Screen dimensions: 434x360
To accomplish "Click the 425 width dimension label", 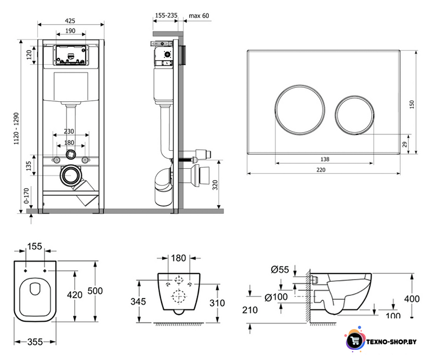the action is tap(70, 21).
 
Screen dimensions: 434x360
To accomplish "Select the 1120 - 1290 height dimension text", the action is tap(16, 128).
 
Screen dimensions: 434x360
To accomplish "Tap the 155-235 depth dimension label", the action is tap(166, 16).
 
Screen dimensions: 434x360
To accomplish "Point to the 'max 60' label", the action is tap(199, 16).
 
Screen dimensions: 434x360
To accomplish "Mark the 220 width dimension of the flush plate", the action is tap(321, 170).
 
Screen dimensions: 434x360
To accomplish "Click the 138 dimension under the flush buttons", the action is tap(325, 159).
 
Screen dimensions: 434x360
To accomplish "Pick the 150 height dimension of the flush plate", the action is tap(412, 104).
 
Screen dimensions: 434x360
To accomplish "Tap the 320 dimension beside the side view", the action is tap(215, 184).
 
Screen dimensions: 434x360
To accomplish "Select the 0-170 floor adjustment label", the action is tap(26, 196).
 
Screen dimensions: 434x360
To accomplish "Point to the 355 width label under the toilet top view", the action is tap(35, 342).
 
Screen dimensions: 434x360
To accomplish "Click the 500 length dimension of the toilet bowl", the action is tap(95, 291).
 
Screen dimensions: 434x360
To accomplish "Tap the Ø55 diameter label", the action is tap(280, 269).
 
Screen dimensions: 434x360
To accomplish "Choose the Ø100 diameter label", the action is tap(276, 297).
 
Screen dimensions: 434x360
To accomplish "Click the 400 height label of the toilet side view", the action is tap(412, 299).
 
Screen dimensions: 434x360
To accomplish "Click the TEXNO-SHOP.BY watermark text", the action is tap(391, 342).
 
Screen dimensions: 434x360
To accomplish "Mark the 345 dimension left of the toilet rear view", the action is tap(138, 301).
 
